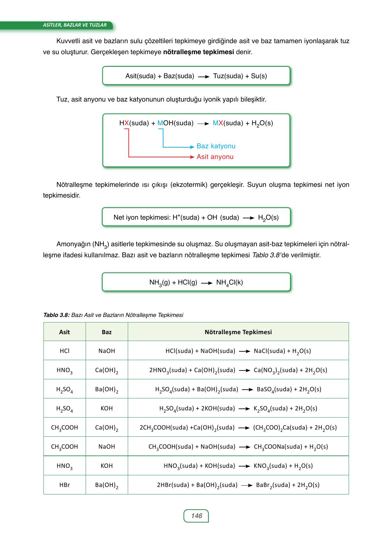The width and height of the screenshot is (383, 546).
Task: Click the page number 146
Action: point(197,516)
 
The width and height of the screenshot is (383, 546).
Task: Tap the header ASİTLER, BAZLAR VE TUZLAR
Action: point(75,25)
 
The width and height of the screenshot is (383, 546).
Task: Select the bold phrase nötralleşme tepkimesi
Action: point(198,52)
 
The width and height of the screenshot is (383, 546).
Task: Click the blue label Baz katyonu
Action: point(216,146)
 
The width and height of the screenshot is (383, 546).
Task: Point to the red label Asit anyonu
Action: point(215,157)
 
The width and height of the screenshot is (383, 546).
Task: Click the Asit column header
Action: point(65,332)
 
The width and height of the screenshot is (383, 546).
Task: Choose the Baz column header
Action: point(107,332)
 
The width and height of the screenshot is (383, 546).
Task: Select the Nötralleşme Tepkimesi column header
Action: point(238,332)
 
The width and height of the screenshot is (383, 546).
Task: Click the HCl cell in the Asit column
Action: point(65,351)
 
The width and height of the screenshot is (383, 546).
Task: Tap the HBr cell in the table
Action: point(65,485)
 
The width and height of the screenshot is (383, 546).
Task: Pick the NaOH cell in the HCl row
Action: point(107,351)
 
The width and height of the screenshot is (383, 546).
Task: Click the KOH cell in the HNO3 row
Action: point(107,466)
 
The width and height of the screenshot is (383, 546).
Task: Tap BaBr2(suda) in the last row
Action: point(272,485)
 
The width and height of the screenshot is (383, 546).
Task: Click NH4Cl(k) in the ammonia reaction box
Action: point(230,283)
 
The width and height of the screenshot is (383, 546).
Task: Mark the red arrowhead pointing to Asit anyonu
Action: point(192,157)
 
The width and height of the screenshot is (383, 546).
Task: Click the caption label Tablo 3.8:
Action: point(56,315)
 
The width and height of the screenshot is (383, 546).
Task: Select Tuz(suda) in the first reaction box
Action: point(228,76)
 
